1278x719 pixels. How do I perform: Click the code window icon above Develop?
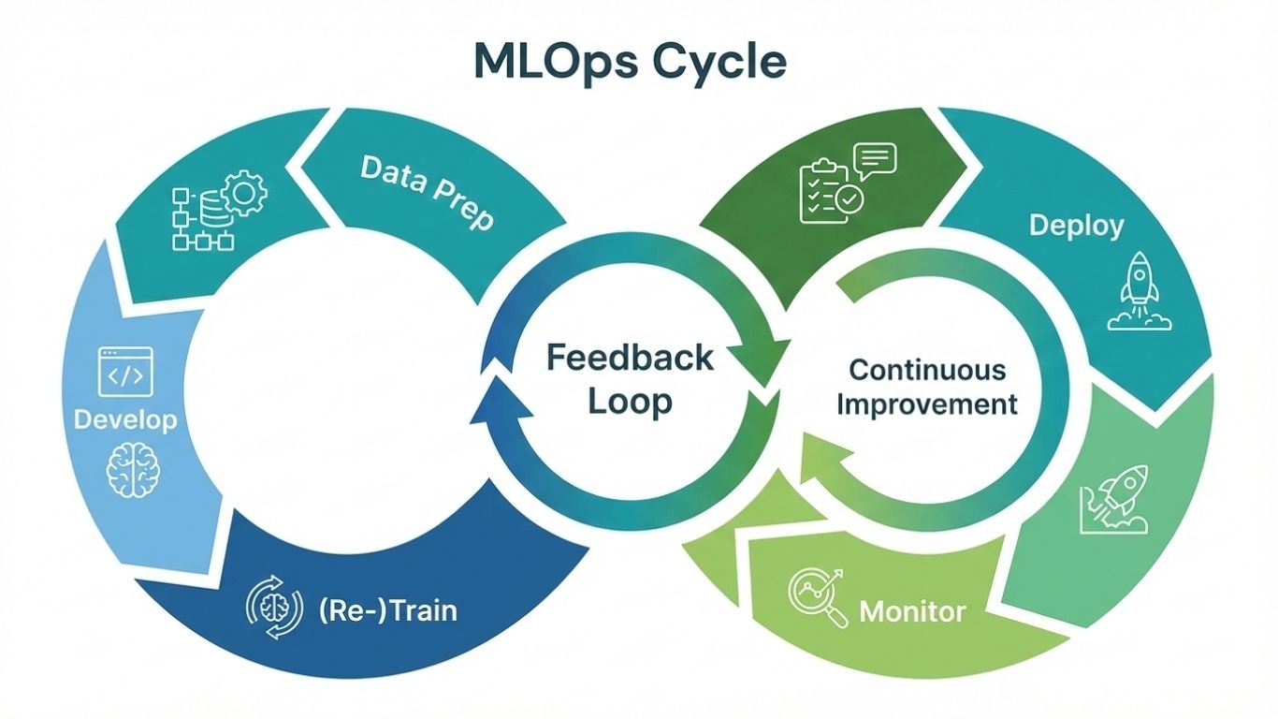[124, 371]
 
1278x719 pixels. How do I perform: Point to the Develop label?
[125, 419]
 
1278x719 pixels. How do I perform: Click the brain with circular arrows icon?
[274, 609]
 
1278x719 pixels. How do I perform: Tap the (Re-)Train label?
[387, 610]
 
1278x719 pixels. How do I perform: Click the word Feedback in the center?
[630, 358]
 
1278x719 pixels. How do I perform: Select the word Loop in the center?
[630, 402]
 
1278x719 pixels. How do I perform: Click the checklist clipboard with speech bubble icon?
[845, 183]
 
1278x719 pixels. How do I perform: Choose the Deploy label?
[1076, 225]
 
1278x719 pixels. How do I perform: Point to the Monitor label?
[912, 612]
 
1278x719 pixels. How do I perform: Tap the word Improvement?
[926, 404]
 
